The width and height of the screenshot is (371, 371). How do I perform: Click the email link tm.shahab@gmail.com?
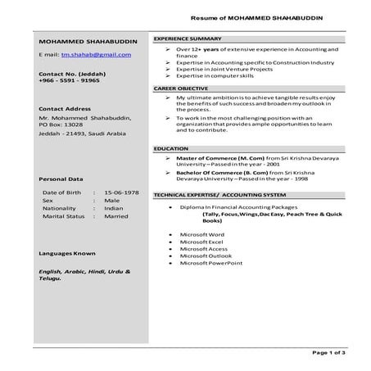click(x=96, y=54)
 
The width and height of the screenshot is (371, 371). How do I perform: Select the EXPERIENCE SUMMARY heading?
click(x=188, y=39)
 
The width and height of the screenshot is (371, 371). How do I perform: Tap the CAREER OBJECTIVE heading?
click(x=181, y=87)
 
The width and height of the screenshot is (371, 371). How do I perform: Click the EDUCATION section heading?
click(x=171, y=148)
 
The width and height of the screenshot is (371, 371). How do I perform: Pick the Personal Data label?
click(x=61, y=178)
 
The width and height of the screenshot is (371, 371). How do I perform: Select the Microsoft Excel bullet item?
click(x=201, y=242)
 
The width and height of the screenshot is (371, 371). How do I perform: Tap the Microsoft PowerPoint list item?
click(x=210, y=264)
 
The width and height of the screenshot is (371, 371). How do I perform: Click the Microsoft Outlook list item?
click(x=204, y=256)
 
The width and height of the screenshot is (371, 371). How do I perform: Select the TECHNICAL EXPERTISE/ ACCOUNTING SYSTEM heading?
click(x=219, y=196)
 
